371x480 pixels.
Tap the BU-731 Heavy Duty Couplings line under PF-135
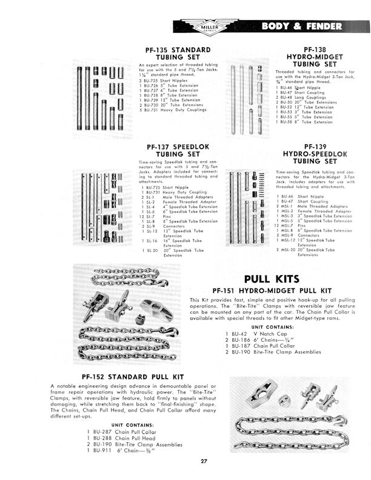coord(173,110)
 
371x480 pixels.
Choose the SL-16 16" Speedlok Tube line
coord(176,241)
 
